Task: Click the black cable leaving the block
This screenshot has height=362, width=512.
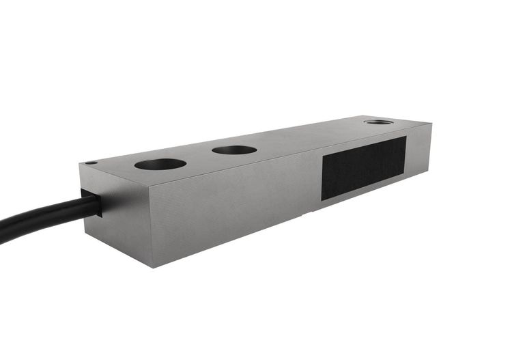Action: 41,217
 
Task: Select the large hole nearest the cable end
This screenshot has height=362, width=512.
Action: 160,164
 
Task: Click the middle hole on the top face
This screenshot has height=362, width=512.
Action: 234,149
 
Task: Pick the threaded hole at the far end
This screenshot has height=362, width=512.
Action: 378,122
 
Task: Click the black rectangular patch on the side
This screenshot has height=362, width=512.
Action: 364,167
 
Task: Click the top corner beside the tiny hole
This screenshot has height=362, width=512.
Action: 80,164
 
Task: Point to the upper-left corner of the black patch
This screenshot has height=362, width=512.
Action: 322,152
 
